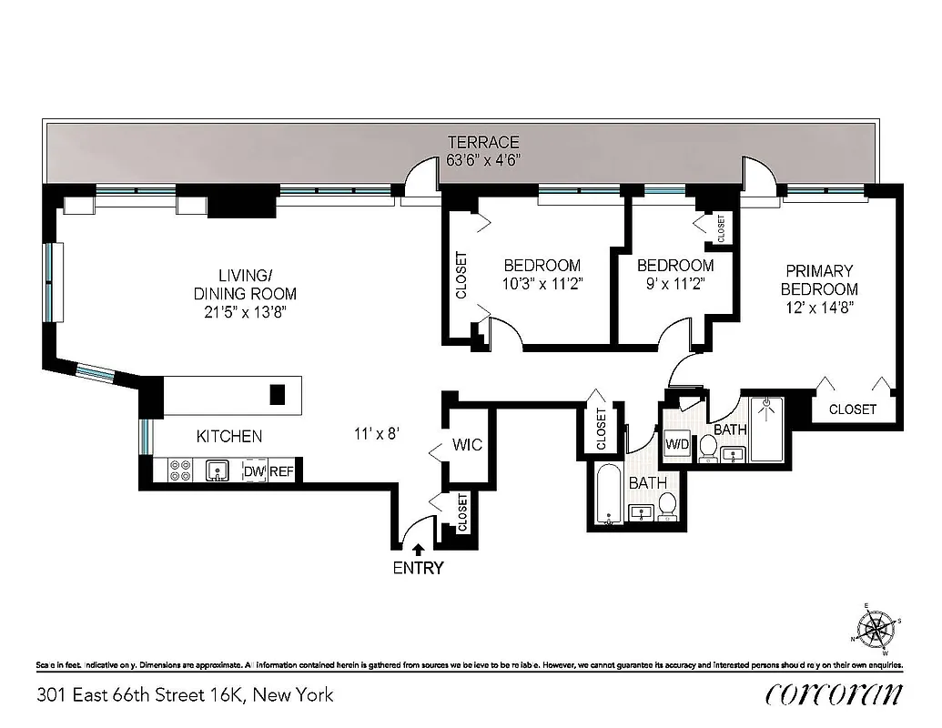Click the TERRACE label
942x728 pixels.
482,142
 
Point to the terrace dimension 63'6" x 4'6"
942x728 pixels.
482,160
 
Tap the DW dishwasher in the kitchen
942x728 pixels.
253,471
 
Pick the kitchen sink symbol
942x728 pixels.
218,470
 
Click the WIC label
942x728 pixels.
467,446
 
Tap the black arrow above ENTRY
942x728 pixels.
418,549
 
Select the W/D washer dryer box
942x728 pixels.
677,445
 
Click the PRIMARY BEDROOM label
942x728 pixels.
820,279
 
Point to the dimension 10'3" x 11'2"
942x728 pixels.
542,283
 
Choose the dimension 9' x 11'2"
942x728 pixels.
674,283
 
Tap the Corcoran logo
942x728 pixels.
834,694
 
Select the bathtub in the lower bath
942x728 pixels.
607,495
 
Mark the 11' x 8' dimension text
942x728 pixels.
377,434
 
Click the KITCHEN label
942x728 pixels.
229,437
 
